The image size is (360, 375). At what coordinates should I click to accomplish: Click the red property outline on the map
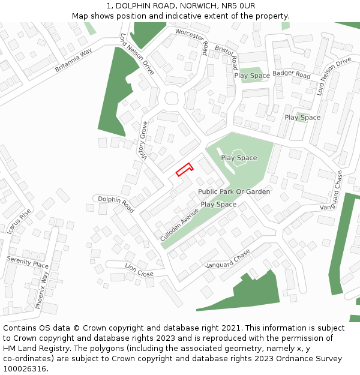184,169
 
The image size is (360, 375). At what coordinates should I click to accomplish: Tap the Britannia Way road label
74,61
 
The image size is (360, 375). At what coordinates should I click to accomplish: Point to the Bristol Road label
227,58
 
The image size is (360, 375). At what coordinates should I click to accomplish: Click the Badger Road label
292,75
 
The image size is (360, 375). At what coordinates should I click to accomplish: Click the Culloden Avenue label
179,224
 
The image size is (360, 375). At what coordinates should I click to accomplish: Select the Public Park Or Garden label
234,191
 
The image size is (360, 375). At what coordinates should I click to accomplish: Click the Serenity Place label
28,262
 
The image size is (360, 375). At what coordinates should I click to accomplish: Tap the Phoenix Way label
41,290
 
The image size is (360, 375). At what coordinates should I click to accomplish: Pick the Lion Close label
139,269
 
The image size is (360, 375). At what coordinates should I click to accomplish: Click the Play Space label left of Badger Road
252,76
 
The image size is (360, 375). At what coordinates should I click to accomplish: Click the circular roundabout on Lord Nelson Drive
172,98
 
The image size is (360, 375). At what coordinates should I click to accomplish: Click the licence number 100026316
25,369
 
